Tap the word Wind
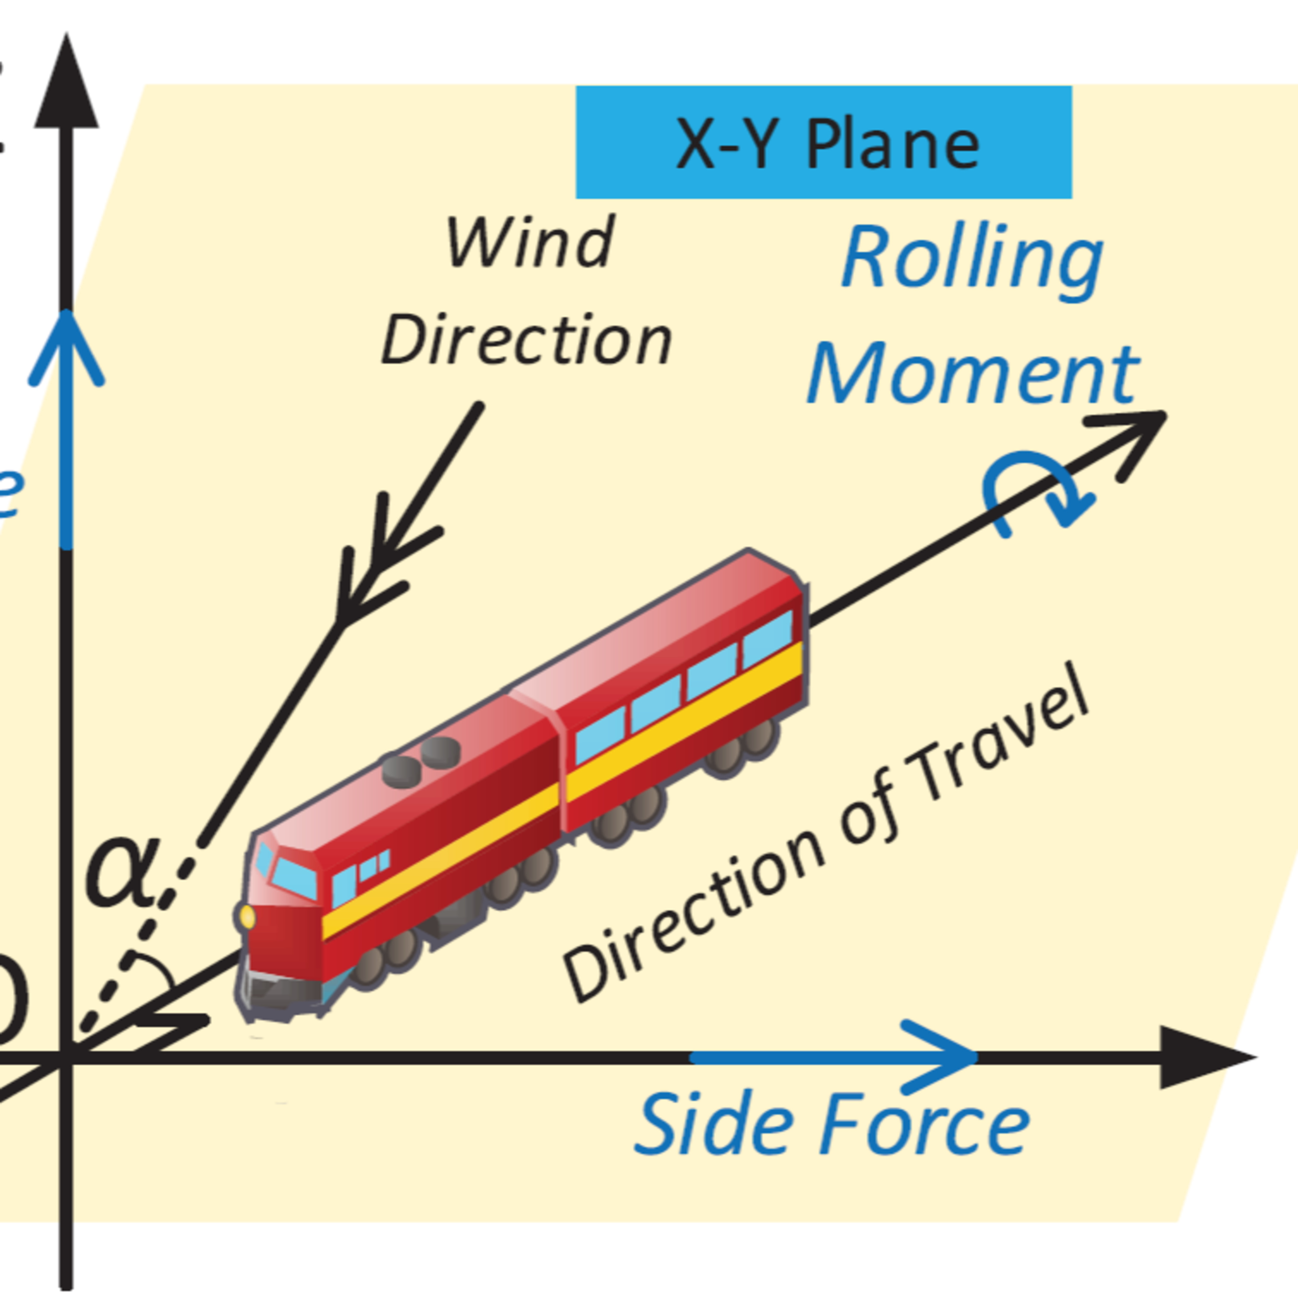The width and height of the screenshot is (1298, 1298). (530, 243)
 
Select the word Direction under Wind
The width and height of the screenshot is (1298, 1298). (527, 340)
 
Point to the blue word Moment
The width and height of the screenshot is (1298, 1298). (973, 374)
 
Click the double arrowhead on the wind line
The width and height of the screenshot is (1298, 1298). (379, 564)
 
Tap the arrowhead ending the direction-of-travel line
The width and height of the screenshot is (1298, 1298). (1135, 434)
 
